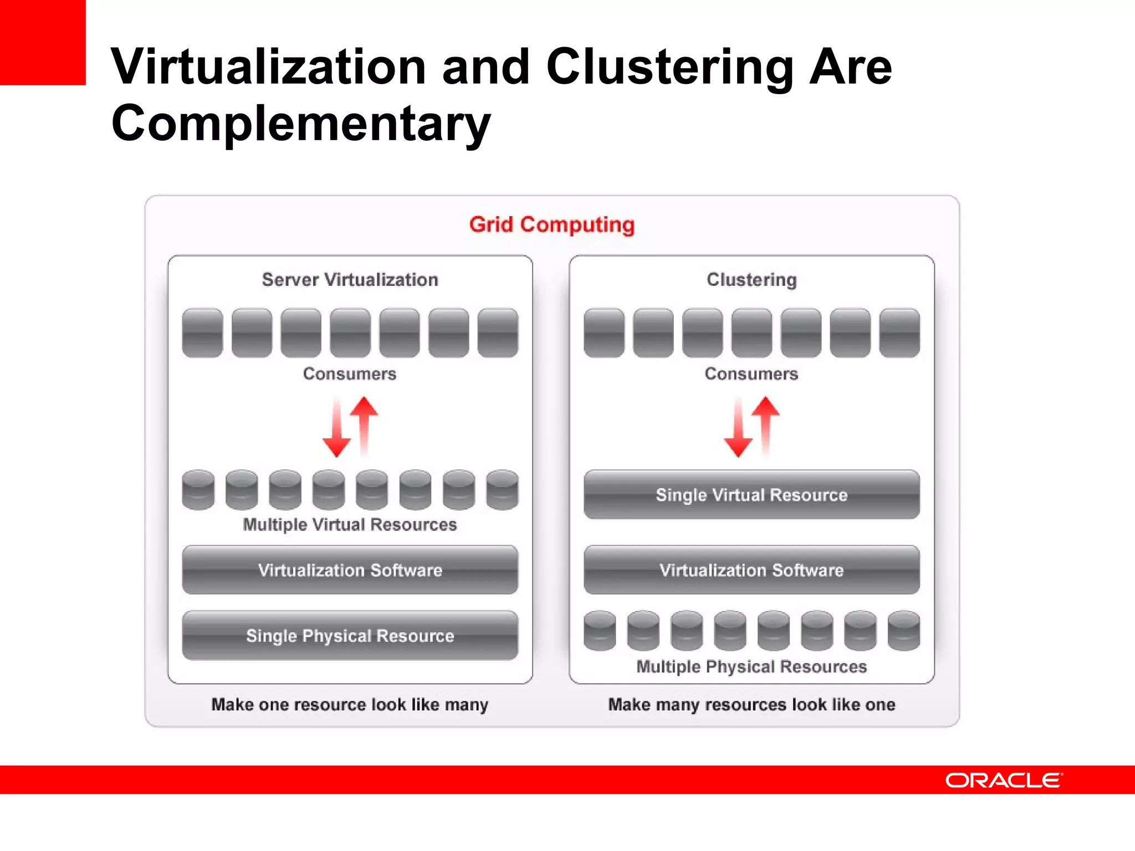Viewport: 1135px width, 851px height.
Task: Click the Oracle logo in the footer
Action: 1004,780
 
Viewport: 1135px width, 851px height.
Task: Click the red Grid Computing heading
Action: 552,224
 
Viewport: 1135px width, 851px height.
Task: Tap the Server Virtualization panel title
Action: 350,280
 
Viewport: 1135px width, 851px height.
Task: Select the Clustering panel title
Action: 751,280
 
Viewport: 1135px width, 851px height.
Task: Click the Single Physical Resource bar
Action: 350,635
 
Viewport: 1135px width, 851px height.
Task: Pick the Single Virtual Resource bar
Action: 751,495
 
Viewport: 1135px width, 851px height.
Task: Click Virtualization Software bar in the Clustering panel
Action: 751,570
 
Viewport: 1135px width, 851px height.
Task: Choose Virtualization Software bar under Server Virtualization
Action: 350,570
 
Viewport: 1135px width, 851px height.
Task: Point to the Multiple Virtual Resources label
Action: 350,525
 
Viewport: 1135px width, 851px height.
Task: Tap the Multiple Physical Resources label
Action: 751,667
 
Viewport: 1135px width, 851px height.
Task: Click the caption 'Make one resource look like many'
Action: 350,705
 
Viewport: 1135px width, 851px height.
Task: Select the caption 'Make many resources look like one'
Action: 751,705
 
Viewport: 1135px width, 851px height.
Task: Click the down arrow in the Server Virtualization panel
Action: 336,429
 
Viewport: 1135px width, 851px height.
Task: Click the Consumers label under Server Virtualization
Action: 350,374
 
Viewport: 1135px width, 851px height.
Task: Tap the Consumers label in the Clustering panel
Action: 751,374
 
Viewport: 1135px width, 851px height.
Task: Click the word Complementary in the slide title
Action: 301,123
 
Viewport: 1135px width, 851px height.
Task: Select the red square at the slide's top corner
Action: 43,42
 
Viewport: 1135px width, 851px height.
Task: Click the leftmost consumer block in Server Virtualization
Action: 202,332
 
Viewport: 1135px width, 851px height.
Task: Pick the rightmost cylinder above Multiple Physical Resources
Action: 903,630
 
